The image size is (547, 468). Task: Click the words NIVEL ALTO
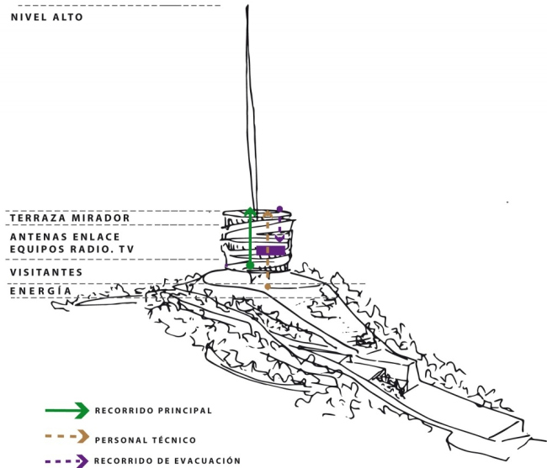[x=47, y=17]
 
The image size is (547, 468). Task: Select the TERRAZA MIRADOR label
[x=70, y=218]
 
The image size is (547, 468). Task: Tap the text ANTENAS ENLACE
[x=65, y=237]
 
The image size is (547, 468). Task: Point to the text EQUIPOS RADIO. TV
[x=72, y=250]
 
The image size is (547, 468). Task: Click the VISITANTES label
[x=46, y=272]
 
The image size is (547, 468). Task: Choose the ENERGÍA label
[x=40, y=291]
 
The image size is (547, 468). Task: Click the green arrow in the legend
[x=67, y=411]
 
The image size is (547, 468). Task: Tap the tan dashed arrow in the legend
[x=67, y=436]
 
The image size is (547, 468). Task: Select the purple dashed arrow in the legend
[x=67, y=461]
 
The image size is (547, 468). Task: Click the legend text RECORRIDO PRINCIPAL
[x=153, y=411]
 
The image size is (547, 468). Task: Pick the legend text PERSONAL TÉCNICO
[x=146, y=440]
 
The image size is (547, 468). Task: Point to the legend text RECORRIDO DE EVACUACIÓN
[x=167, y=461]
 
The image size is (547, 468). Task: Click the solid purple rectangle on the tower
[x=271, y=250]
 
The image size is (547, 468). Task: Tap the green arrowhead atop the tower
[x=250, y=211]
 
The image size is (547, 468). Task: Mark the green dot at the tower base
[x=250, y=266]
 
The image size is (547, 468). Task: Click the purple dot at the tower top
[x=279, y=209]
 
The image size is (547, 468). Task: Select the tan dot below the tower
[x=268, y=287]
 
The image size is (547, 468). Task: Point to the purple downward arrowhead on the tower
[x=279, y=238]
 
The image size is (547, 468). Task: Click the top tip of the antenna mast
[x=247, y=5]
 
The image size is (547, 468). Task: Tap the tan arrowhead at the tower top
[x=268, y=213]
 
